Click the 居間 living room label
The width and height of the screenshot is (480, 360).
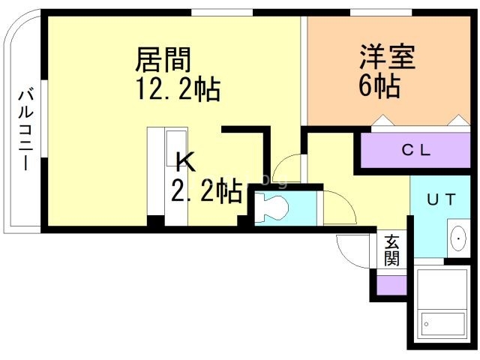[x=163, y=58]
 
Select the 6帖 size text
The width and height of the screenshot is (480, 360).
[x=378, y=86]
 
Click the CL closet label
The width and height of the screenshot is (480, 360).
[x=415, y=149]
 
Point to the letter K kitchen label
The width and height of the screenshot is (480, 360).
[x=184, y=160]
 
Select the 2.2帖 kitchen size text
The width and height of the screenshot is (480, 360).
[x=206, y=191]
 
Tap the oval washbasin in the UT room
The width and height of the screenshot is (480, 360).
[x=457, y=239]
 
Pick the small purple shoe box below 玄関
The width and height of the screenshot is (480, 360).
[x=391, y=285]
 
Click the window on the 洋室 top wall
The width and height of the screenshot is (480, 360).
[x=371, y=12]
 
